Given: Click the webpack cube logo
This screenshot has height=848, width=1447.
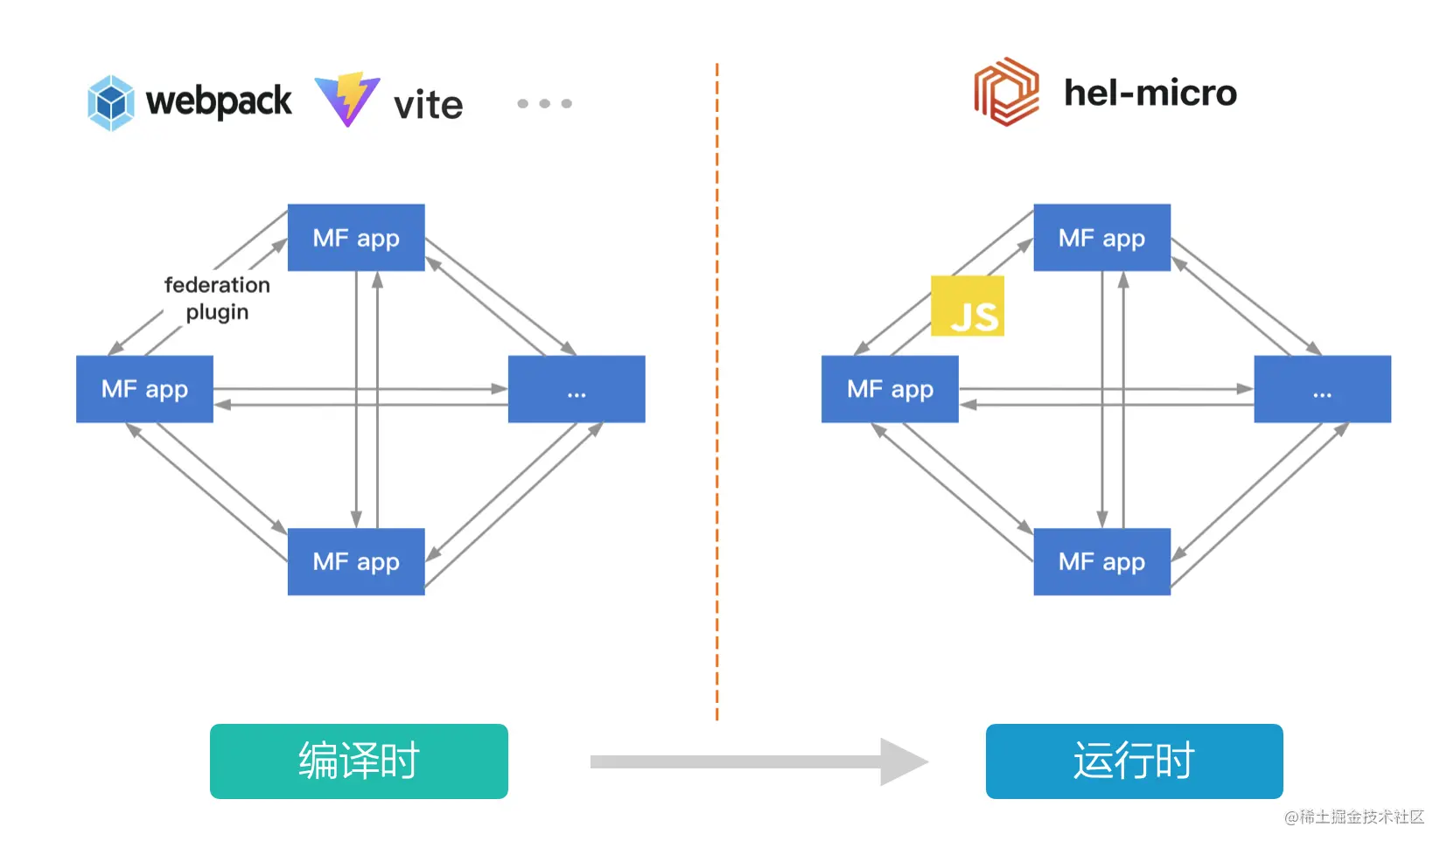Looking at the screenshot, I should pyautogui.click(x=111, y=102).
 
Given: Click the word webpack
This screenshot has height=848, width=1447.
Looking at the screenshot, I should pyautogui.click(x=219, y=101).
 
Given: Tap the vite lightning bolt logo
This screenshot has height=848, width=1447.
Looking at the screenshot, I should pyautogui.click(x=347, y=99).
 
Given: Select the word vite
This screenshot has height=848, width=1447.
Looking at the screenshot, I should pyautogui.click(x=428, y=105).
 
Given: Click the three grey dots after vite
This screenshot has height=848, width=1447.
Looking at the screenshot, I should pyautogui.click(x=544, y=103).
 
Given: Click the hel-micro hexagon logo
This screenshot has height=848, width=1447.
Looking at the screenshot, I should pyautogui.click(x=1006, y=92).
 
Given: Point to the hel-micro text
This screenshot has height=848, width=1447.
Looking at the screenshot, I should pyautogui.click(x=1150, y=93).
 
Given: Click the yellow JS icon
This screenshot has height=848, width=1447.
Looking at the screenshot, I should pyautogui.click(x=968, y=306).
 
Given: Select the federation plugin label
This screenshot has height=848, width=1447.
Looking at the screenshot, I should pyautogui.click(x=217, y=298).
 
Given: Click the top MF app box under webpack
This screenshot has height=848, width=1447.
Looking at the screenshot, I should pyautogui.click(x=356, y=238).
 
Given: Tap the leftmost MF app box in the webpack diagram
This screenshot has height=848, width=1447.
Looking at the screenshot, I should pyautogui.click(x=144, y=389).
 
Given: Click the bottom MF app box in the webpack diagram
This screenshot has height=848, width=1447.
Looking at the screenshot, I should pyautogui.click(x=356, y=561).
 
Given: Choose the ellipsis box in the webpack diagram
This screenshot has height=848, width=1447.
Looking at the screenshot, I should pyautogui.click(x=577, y=389).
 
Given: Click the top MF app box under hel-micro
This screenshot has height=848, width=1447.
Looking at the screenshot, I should pyautogui.click(x=1101, y=238).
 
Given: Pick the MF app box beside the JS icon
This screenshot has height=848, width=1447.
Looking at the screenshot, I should pyautogui.click(x=890, y=389).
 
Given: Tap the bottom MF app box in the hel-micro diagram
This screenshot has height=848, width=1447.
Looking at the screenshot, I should pyautogui.click(x=1101, y=561).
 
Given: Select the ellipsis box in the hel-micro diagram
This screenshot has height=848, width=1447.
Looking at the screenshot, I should pyautogui.click(x=1322, y=389).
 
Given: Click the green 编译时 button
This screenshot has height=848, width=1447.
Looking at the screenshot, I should pyautogui.click(x=359, y=761).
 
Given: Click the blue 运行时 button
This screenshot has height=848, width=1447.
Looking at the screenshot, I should pyautogui.click(x=1134, y=761).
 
